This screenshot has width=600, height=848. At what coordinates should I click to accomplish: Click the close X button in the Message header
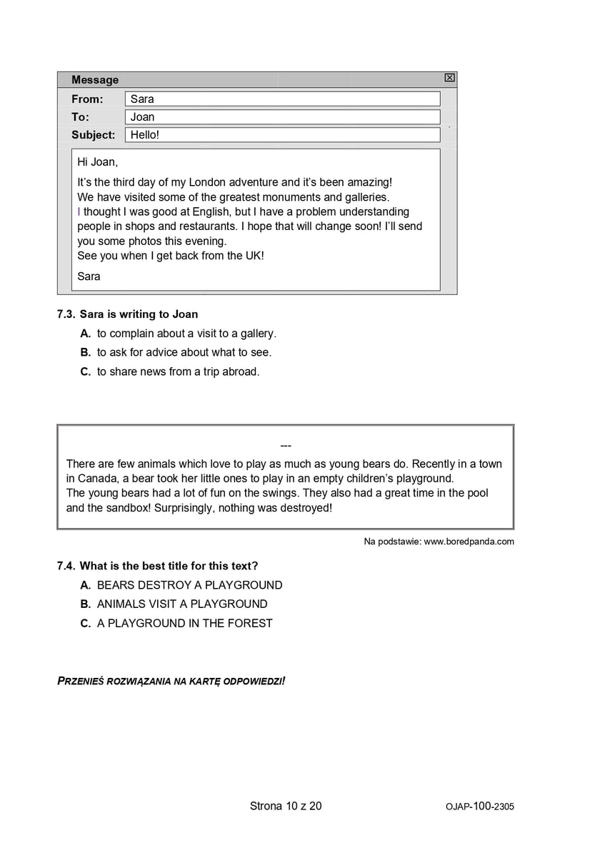(449, 78)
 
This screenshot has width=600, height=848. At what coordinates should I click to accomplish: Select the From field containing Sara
(282, 99)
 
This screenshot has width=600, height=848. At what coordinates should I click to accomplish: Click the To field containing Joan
(282, 117)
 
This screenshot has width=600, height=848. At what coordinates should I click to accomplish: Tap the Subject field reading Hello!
(282, 135)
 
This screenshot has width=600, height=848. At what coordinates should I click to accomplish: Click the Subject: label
(93, 135)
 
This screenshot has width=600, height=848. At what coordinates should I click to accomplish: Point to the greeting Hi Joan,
(97, 162)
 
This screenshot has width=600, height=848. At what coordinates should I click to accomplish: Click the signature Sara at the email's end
(89, 276)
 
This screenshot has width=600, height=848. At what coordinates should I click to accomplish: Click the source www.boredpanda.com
(469, 542)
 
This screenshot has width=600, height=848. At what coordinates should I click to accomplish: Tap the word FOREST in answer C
(250, 623)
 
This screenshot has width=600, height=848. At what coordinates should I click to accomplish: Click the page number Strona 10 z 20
(286, 806)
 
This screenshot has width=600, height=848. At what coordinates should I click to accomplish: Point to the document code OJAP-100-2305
(479, 807)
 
